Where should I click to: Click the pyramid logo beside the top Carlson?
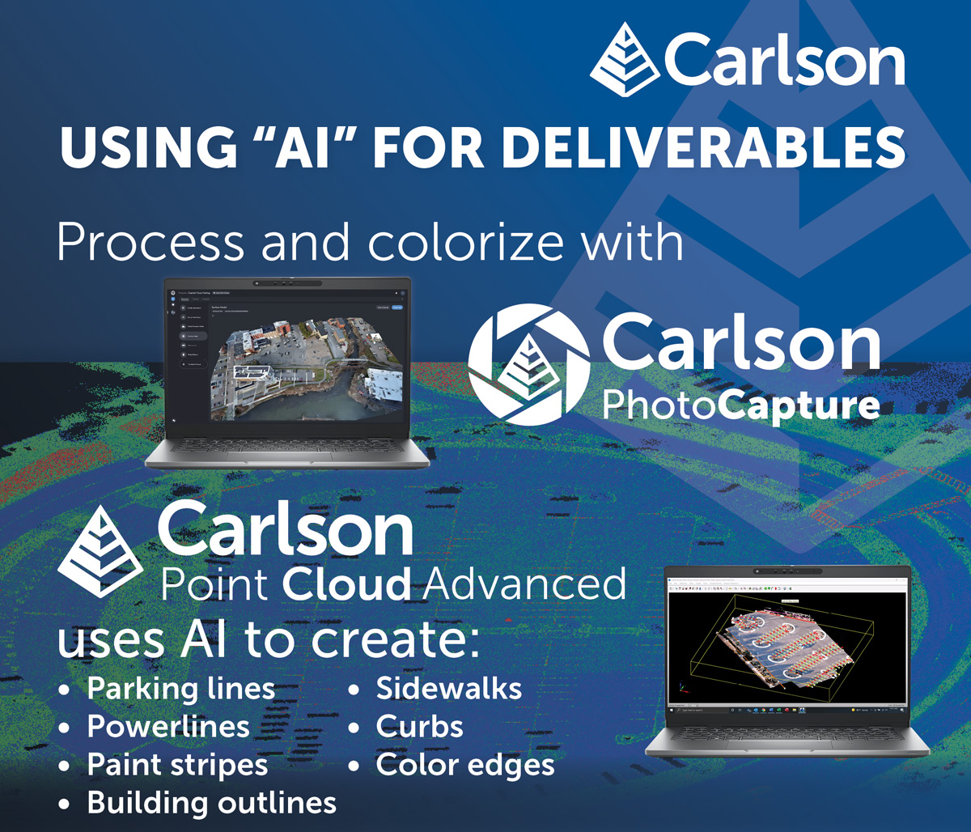[x=625, y=56]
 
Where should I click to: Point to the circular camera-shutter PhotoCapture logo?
[x=529, y=365]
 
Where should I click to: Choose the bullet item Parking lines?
[x=180, y=690]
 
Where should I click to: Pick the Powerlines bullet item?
[x=168, y=727]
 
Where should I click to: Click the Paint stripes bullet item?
[x=177, y=765]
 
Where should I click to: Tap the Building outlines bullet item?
[x=211, y=803]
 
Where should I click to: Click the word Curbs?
[x=419, y=727]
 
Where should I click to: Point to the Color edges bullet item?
[x=465, y=765]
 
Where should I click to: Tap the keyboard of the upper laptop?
[x=287, y=449]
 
